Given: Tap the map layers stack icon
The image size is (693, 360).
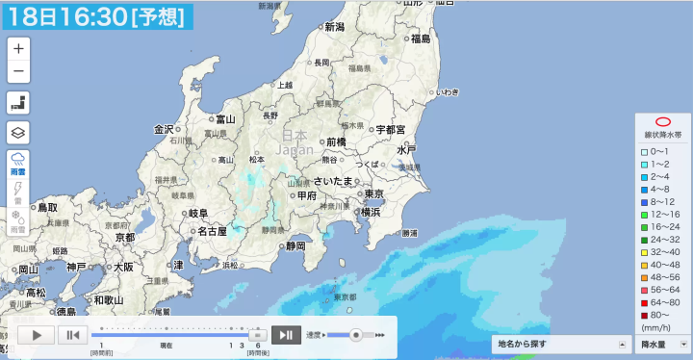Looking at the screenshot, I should click(x=19, y=132).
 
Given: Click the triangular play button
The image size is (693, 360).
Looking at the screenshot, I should click(x=37, y=335).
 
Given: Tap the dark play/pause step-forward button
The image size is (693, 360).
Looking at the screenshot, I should click(x=286, y=335).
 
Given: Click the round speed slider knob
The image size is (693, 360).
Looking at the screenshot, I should click(x=356, y=335).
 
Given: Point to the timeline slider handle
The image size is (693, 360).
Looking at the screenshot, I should click(x=257, y=334).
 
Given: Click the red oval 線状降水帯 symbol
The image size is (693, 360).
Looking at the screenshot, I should click(x=662, y=122).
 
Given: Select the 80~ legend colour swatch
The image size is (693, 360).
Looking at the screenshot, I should click(x=646, y=314).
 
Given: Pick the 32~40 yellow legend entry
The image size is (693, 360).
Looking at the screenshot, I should click(x=646, y=250).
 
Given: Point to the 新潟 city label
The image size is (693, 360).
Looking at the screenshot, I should click(x=334, y=27).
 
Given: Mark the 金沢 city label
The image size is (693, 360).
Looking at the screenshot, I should click(x=164, y=129).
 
